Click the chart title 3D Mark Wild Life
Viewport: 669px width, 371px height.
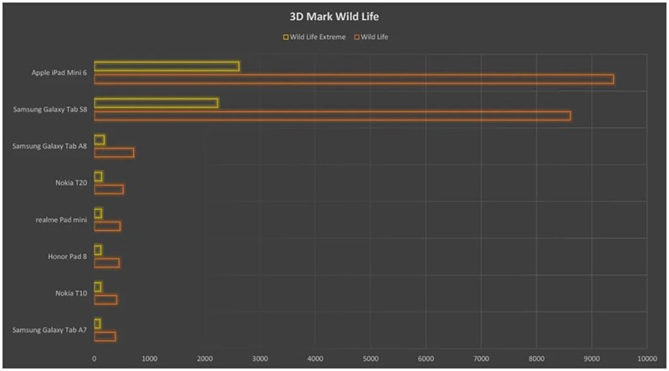334,16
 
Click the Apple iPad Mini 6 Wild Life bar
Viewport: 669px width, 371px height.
354,79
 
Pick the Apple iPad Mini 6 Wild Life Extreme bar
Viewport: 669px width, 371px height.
166,67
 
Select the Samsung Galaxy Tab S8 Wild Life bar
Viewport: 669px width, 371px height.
332,115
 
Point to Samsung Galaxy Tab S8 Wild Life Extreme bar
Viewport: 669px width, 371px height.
156,104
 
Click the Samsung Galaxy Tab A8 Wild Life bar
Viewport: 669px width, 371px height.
114,152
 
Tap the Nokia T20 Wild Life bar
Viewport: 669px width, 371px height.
109,189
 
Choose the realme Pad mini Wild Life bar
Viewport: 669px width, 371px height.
107,226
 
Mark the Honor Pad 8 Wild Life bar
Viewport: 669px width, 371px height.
106,262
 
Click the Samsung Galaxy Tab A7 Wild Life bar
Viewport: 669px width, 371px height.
105,336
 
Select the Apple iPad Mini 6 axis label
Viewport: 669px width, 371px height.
59,73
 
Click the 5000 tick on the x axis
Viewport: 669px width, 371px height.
370,358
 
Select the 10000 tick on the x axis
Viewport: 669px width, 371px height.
646,358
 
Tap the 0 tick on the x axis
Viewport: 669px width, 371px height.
94,358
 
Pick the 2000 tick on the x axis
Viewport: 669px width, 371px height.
205,358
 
